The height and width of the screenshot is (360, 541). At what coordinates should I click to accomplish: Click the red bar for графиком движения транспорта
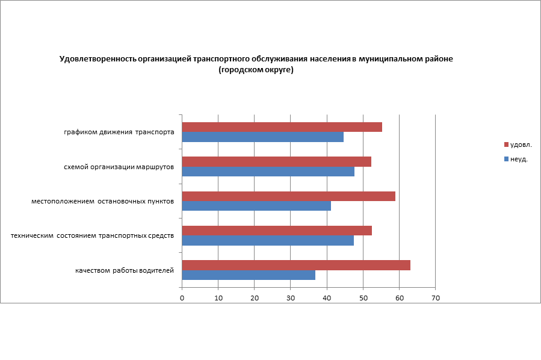click(282, 127)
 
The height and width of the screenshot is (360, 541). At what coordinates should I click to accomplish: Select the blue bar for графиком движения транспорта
click(262, 137)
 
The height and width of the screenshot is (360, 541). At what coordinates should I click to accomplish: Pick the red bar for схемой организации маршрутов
click(276, 161)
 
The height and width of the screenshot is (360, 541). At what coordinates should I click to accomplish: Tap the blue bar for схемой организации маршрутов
click(268, 172)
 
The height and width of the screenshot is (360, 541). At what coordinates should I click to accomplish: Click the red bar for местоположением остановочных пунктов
click(288, 196)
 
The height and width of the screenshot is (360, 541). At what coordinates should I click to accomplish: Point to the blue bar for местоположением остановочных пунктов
click(256, 206)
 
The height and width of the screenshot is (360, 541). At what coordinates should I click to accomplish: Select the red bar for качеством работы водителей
click(296, 265)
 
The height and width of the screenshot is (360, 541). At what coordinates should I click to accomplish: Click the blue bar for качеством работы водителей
click(249, 275)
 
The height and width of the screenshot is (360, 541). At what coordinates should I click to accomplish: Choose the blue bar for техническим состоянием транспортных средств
click(268, 241)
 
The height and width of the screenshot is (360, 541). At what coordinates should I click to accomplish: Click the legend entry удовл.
click(521, 144)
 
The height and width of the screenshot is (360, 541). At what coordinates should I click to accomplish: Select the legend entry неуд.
click(519, 160)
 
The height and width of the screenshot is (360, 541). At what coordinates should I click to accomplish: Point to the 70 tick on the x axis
click(435, 298)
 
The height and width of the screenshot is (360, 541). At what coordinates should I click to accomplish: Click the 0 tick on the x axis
click(182, 298)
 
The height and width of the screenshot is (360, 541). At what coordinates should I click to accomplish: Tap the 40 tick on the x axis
click(327, 298)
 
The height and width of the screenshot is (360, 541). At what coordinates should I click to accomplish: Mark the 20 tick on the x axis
click(255, 298)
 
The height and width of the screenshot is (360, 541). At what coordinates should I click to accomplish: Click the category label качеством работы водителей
click(125, 270)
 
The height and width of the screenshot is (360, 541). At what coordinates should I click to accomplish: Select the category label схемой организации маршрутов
click(119, 167)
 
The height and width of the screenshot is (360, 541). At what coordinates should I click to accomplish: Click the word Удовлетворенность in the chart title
click(97, 59)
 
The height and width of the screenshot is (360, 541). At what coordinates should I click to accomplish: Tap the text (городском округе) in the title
click(256, 70)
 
